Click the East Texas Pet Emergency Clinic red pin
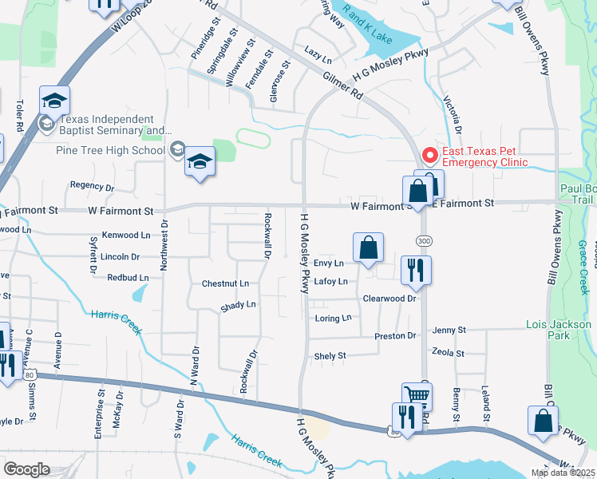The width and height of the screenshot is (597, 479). pyautogui.click(x=429, y=154)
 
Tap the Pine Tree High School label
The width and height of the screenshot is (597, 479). pyautogui.click(x=110, y=150)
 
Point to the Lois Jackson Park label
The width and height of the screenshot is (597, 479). pyautogui.click(x=559, y=331)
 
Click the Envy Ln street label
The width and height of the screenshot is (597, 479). pyautogui.click(x=328, y=263)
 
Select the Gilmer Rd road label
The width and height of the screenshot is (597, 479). pyautogui.click(x=344, y=84)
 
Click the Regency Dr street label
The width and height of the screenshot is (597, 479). pyautogui.click(x=92, y=186)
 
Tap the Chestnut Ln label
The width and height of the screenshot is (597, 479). pyautogui.click(x=225, y=283)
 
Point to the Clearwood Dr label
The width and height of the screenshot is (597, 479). pyautogui.click(x=389, y=298)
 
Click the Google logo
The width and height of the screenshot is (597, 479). pyautogui.click(x=26, y=469)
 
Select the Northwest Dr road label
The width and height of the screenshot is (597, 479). pyautogui.click(x=164, y=245)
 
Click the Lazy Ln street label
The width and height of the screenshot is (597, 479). pyautogui.click(x=318, y=53)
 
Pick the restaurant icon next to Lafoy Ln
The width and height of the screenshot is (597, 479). pyautogui.click(x=416, y=271)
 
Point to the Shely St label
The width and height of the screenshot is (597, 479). pyautogui.click(x=330, y=356)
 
